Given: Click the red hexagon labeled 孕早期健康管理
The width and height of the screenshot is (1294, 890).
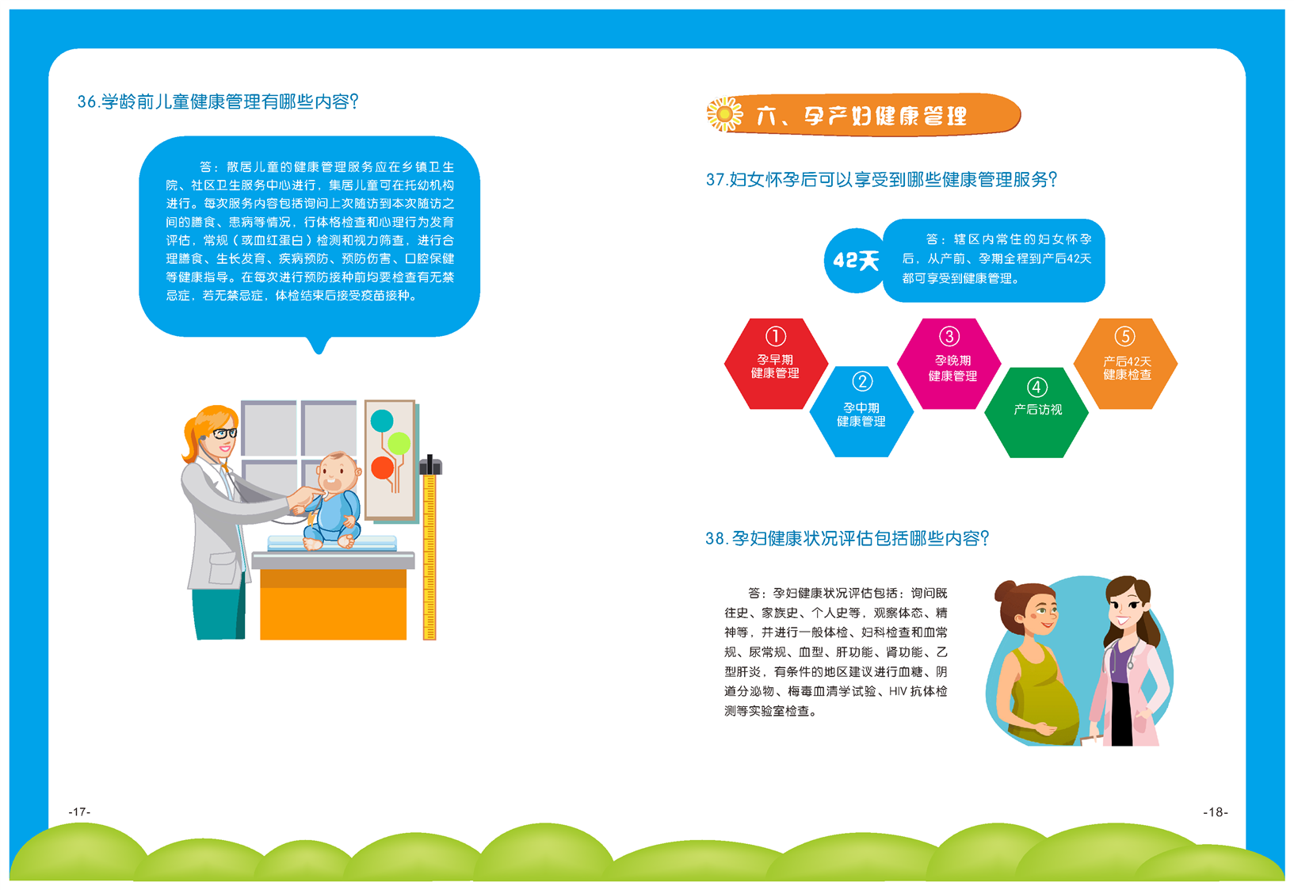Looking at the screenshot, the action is [776, 364].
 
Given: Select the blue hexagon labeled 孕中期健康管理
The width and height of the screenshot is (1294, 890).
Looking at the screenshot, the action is [861, 411].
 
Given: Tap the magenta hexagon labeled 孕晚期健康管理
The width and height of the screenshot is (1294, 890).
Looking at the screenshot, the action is [949, 364].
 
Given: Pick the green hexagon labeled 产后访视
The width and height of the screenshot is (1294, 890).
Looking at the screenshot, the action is [1036, 413].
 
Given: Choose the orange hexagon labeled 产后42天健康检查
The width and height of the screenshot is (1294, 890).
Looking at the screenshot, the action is [1125, 364].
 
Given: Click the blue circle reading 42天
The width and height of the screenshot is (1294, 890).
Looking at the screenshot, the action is [855, 261].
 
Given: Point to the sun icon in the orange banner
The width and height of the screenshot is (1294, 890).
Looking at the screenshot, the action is [724, 114].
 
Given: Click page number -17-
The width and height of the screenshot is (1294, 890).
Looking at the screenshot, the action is [79, 812].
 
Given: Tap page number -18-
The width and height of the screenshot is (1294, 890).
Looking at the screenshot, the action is [1216, 812].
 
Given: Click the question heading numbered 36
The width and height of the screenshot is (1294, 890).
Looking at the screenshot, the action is [218, 101].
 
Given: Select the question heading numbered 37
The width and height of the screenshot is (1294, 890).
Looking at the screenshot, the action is [881, 180].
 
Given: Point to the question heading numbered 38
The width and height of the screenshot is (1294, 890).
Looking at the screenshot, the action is [847, 539].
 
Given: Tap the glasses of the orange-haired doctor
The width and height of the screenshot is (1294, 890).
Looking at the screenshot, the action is [225, 434].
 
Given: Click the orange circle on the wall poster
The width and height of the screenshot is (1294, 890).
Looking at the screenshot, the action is [383, 468].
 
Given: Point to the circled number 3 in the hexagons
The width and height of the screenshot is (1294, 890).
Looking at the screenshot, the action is [949, 336].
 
